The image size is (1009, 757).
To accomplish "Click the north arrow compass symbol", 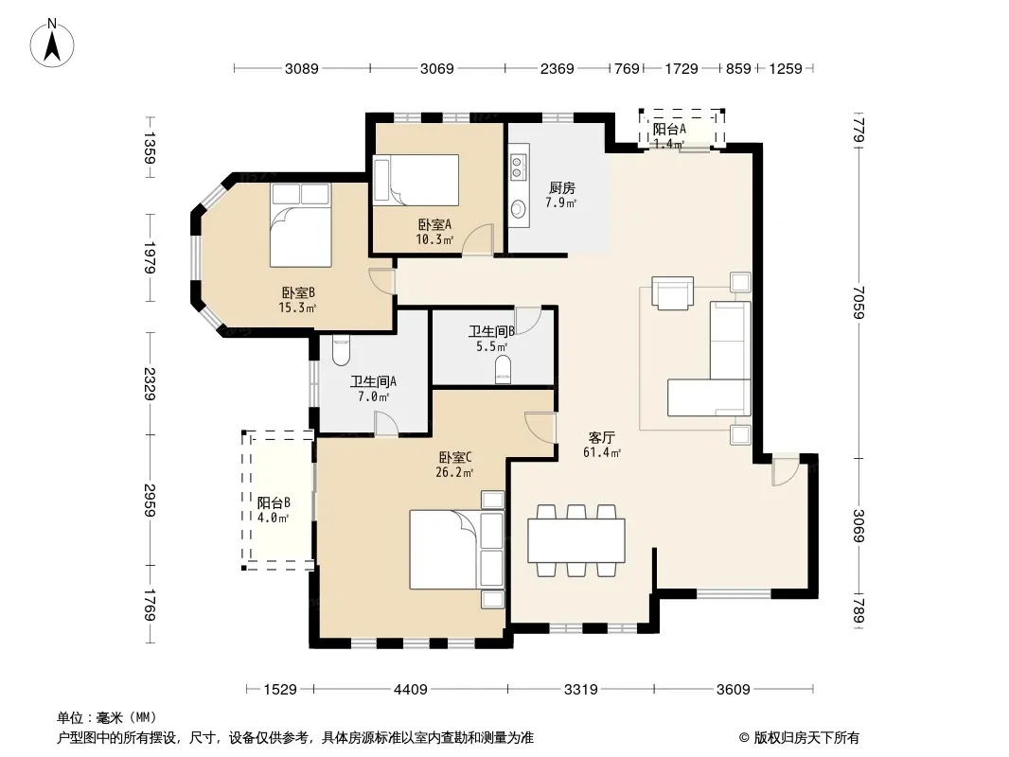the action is (x=52, y=44).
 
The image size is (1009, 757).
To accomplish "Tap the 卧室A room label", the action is (x=434, y=224).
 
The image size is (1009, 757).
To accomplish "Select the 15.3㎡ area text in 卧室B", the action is (x=297, y=308).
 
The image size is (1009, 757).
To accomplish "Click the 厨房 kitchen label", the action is (x=561, y=187).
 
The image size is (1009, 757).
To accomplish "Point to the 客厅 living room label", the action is (x=601, y=438).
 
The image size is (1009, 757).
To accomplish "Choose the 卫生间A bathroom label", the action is (x=373, y=381).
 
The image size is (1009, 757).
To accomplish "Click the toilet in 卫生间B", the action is (x=503, y=371).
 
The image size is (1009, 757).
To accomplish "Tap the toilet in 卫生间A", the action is (x=341, y=350).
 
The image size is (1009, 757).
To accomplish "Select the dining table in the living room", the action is (x=575, y=540).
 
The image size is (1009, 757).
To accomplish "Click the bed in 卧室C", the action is (x=457, y=550).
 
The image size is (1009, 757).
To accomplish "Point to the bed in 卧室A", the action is (x=416, y=180).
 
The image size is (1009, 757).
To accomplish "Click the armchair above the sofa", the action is (x=672, y=292).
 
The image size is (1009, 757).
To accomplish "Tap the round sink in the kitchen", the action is (x=518, y=209).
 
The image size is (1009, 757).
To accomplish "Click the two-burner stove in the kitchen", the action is (x=518, y=167).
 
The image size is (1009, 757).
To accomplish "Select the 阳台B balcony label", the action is (x=274, y=502).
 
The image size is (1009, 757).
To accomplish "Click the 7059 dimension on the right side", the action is (x=859, y=302).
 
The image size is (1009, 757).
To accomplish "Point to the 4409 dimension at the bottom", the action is (x=411, y=690).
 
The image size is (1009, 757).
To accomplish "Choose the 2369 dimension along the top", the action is (x=558, y=68).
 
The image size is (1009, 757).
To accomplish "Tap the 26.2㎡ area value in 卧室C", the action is (x=454, y=473).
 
